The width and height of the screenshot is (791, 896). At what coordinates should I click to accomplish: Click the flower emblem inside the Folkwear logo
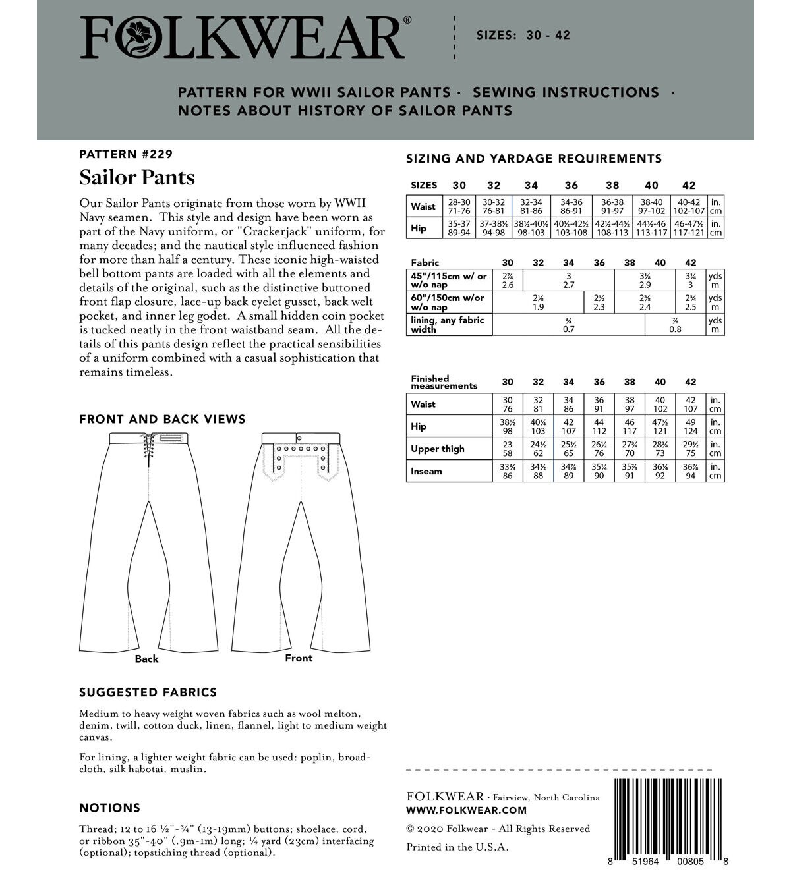pos(140,38)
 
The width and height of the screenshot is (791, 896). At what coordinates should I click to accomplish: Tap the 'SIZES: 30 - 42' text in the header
pos(523,36)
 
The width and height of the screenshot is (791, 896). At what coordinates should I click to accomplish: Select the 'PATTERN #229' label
pos(125,155)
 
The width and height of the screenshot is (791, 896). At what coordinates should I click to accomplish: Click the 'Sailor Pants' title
pos(137,178)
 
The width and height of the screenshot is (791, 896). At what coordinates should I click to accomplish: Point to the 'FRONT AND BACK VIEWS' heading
pos(162,420)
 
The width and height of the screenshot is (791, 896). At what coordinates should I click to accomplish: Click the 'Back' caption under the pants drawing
pos(146,659)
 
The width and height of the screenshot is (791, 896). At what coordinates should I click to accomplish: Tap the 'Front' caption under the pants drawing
pos(299,658)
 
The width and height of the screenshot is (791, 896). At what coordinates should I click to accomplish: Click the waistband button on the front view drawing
pos(299,437)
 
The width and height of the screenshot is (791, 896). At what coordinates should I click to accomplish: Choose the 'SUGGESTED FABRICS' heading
pos(148,692)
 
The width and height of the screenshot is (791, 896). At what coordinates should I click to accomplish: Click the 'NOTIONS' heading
pos(109,808)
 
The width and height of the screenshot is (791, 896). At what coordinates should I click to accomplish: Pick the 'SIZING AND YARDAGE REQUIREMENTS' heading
pos(534,159)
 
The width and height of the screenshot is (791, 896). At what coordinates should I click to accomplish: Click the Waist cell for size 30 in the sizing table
pos(459,206)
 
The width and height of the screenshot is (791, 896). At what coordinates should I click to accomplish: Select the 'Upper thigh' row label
pos(437,449)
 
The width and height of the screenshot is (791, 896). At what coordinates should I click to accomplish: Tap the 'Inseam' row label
pos(426,471)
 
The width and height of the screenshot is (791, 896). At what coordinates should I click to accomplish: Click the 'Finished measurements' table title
pos(444,382)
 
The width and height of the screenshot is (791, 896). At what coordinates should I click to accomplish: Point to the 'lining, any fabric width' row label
pos(448,324)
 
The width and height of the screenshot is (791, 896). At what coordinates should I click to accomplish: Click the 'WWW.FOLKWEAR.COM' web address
pos(467,810)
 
